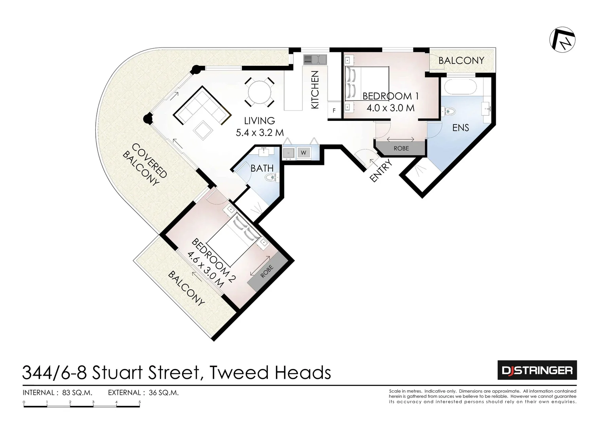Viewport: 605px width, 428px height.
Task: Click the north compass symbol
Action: tap(562, 40)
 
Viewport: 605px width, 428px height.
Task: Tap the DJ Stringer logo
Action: tap(537, 370)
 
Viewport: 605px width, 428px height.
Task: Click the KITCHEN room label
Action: tap(315, 90)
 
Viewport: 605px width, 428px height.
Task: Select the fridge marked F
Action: tap(334, 111)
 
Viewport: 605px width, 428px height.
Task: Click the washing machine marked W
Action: tap(303, 153)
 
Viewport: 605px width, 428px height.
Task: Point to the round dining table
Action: tap(260, 92)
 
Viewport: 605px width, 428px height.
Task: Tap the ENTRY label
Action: tap(380, 170)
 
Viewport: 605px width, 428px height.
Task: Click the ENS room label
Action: tap(461, 128)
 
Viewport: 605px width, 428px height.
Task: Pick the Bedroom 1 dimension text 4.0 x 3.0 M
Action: tap(390, 108)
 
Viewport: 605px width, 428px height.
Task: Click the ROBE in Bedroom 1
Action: tap(401, 148)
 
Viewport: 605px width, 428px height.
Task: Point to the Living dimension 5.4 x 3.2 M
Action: tap(260, 133)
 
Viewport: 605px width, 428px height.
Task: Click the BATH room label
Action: tap(262, 168)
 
